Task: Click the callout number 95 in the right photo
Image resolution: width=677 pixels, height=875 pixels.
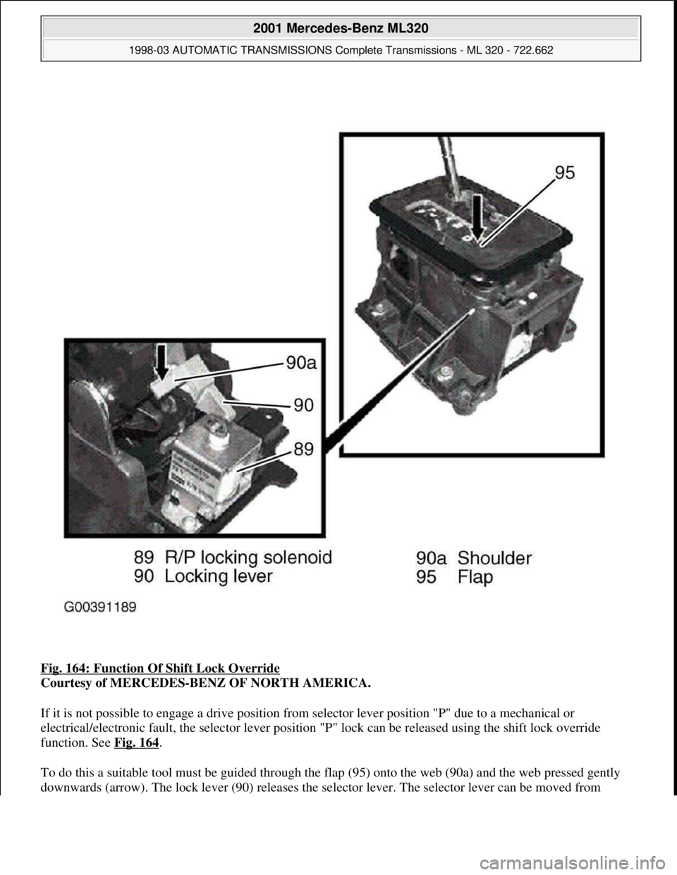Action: [x=566, y=173]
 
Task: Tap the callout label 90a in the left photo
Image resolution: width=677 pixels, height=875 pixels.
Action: [x=301, y=364]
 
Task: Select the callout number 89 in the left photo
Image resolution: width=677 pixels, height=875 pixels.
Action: [x=303, y=449]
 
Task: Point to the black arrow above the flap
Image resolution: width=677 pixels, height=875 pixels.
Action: [x=478, y=218]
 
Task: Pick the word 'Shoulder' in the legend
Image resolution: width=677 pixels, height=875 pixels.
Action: [x=495, y=559]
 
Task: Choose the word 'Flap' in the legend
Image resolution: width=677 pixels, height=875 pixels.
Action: [x=475, y=578]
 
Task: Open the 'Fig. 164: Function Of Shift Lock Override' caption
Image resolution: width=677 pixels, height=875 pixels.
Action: [x=160, y=669]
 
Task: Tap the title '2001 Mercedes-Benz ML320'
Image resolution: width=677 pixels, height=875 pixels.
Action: [x=341, y=28]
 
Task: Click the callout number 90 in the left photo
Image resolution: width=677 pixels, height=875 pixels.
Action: [x=303, y=406]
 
